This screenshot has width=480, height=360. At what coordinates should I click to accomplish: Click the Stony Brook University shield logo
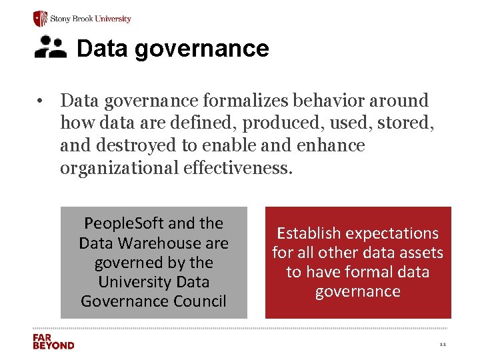click(x=41, y=18)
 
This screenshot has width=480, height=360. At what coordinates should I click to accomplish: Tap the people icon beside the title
click(x=51, y=47)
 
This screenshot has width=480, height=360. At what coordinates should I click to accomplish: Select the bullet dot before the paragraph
click(x=41, y=101)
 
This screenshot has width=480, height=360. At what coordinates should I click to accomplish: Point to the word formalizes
click(x=237, y=101)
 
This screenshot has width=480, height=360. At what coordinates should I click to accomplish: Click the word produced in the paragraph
click(x=271, y=123)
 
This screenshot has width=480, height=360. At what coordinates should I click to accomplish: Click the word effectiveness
click(x=237, y=167)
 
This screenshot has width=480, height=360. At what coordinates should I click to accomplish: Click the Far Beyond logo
click(x=53, y=341)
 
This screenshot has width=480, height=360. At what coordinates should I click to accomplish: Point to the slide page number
click(x=443, y=345)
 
